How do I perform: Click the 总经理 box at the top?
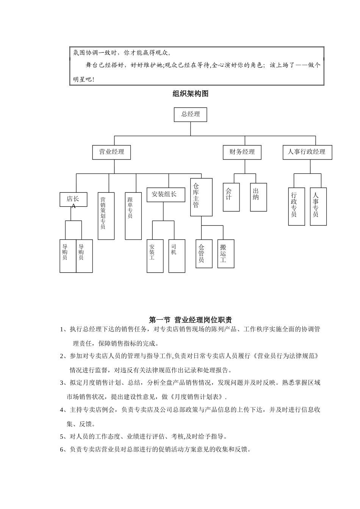tap(190, 114)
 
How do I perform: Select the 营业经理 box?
tap(111, 152)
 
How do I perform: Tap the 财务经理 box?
tap(242, 152)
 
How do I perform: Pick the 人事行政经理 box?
tap(307, 152)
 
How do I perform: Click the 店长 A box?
tap(73, 200)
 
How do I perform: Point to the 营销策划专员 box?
tap(106, 216)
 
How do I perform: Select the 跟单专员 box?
tap(133, 216)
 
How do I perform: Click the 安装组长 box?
tap(164, 194)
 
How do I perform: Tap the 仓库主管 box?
tap(201, 197)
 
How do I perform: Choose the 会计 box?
tap(231, 197)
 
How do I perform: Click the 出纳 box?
tap(258, 197)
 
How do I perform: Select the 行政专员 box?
tap(296, 206)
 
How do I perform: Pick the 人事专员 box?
tap(318, 206)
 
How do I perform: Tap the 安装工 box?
tap(155, 256)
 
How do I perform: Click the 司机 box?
tap(177, 256)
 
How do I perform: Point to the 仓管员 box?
tap(204, 253)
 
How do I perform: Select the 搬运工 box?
tap(225, 253)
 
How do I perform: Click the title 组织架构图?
tap(190, 94)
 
